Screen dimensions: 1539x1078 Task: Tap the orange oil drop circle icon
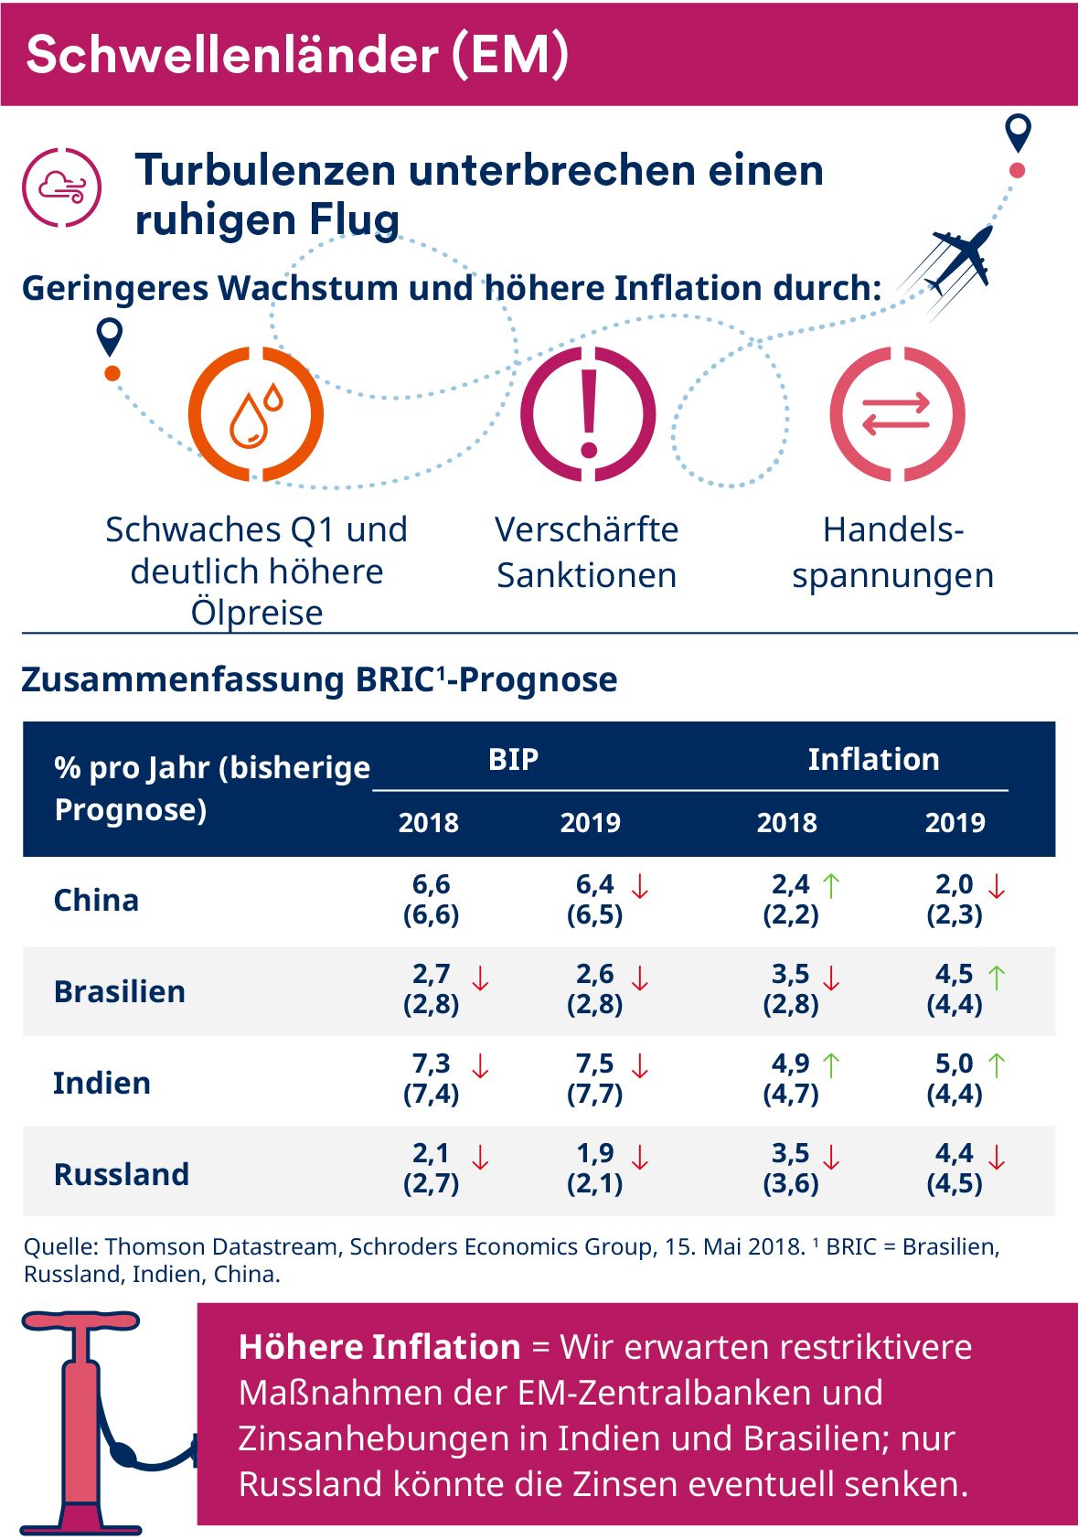coord(256,414)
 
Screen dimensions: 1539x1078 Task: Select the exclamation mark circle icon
coord(588,414)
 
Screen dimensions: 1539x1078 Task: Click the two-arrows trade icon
coord(897,414)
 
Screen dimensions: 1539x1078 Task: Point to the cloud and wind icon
coord(62,187)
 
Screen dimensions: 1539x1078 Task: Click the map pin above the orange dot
coord(110,337)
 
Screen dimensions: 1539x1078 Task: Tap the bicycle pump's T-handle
coord(80,1322)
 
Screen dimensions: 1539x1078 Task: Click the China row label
coord(96,900)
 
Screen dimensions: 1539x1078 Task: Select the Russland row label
coord(121,1173)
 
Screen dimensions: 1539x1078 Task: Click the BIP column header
coord(513,759)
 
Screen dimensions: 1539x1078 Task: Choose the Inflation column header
coord(873,759)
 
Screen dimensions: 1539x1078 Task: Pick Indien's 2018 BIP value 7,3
coord(431,1063)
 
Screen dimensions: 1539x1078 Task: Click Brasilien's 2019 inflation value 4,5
coord(954,974)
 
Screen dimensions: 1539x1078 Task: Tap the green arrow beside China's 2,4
coord(830,885)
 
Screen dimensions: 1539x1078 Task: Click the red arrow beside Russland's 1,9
coord(640,1156)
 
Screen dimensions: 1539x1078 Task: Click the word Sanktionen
coord(586,575)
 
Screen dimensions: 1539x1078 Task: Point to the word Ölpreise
coord(257,612)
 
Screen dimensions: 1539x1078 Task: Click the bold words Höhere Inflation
coord(379,1347)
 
